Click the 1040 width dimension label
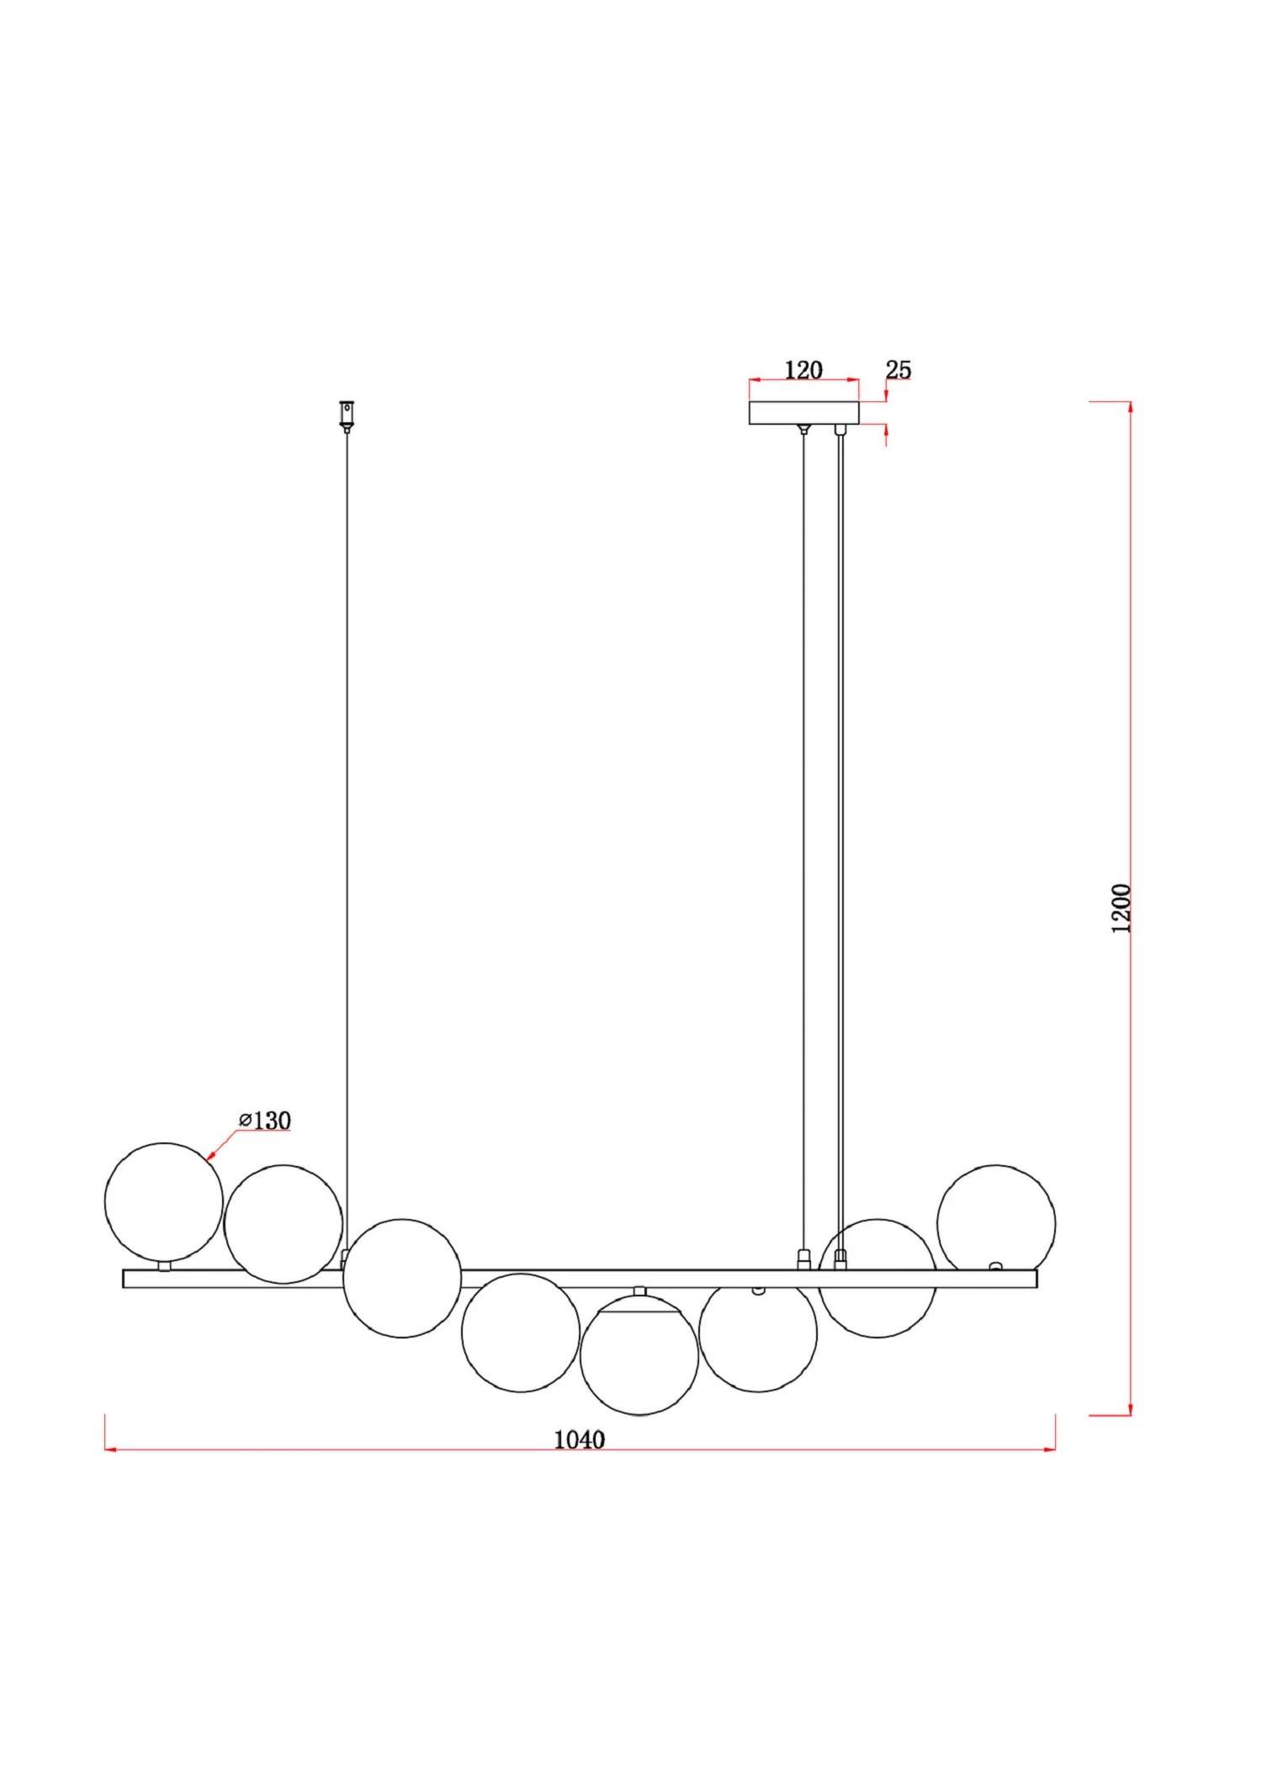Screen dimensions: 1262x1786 579,1439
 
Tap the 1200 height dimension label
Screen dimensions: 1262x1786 1121,909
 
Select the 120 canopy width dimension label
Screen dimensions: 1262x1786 803,370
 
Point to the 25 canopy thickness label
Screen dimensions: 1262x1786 899,369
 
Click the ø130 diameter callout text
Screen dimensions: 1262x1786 265,1121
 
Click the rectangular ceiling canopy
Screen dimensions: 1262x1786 804,413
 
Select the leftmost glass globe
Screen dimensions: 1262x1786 164,1201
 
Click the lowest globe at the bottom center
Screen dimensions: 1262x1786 639,1355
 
